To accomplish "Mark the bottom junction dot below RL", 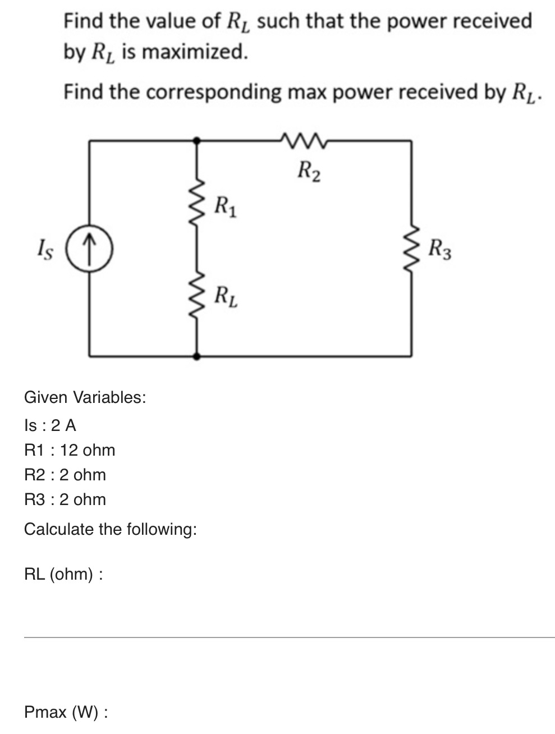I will pos(196,356).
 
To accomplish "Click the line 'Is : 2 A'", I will pos(51,425).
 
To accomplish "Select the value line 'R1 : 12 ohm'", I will pos(70,450).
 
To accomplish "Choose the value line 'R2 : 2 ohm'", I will pos(65,475).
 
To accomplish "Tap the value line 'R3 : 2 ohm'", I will pos(65,499).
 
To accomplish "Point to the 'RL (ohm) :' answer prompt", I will pos(63,574).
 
